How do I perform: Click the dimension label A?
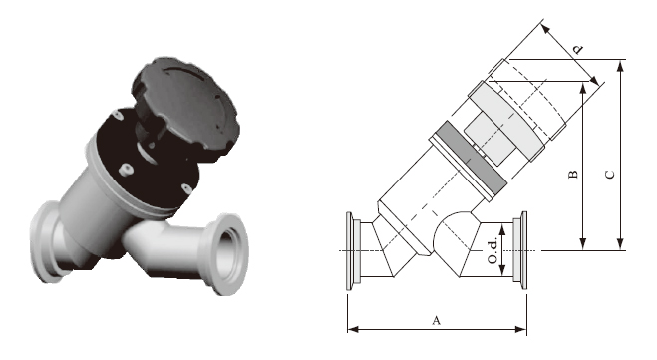click(437, 320)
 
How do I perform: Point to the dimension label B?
click(573, 174)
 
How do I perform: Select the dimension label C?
click(610, 174)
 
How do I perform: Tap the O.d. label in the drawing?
click(493, 250)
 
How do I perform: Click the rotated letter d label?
click(578, 49)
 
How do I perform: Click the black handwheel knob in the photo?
click(185, 108)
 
